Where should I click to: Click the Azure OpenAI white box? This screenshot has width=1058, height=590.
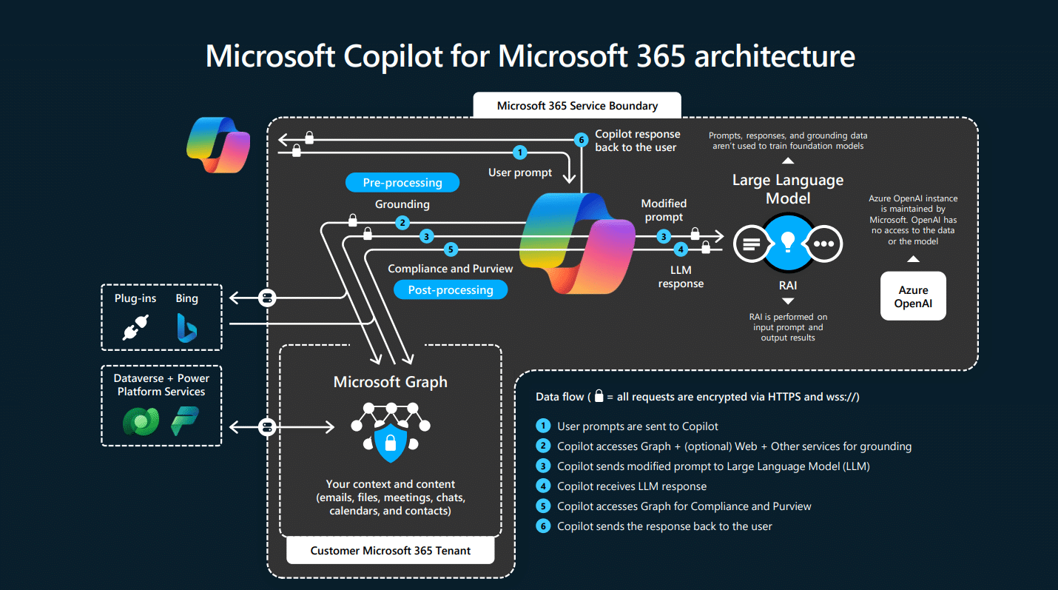point(913,296)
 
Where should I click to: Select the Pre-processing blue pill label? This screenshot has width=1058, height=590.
point(402,183)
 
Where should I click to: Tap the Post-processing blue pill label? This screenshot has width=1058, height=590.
point(451,289)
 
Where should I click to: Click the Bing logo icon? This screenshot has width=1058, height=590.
point(186,327)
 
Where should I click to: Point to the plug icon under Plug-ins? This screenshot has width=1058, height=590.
point(135,327)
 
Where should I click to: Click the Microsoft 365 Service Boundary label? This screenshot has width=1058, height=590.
point(577,106)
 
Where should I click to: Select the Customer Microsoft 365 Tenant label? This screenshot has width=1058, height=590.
point(391,551)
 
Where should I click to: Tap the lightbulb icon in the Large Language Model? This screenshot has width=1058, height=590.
point(788,242)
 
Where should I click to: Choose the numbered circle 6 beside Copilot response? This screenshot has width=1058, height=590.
point(582,139)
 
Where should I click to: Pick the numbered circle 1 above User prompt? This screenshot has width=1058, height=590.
point(520,152)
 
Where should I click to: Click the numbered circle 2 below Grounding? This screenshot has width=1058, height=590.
point(402,222)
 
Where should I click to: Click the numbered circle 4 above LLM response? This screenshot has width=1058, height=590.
point(681,249)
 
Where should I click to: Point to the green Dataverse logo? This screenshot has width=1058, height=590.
point(140,421)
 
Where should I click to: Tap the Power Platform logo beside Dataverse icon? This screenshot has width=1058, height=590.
point(184,421)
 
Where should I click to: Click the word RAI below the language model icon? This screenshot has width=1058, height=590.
point(787,285)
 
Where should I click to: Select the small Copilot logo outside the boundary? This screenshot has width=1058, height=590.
point(218,144)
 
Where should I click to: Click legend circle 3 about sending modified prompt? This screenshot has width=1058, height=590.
point(544,466)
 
